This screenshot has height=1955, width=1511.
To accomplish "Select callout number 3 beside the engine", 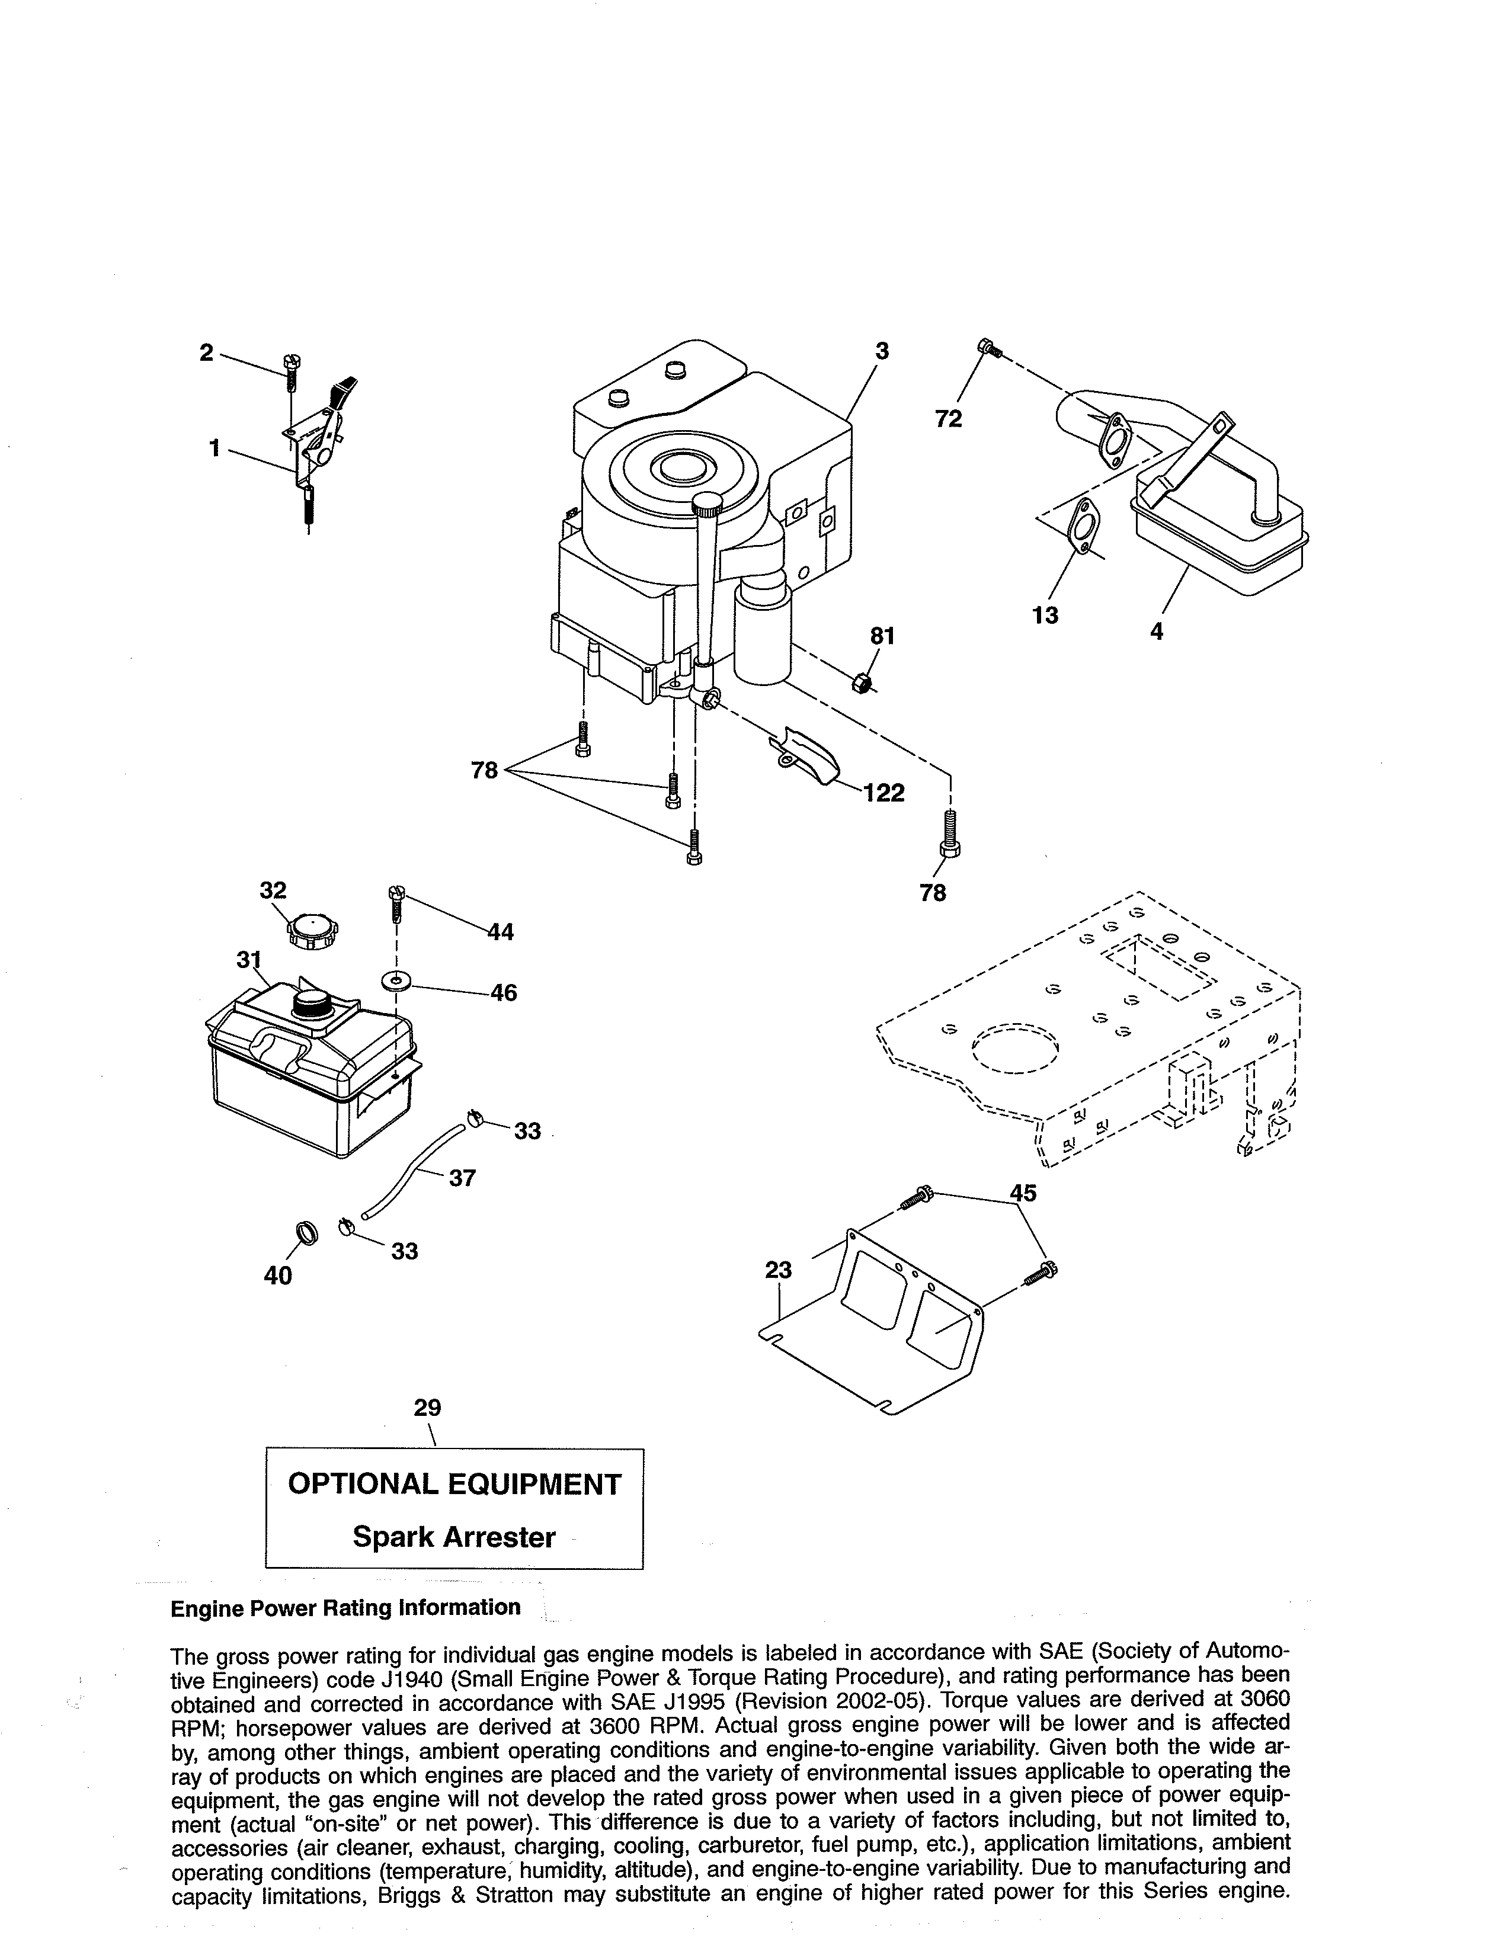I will coord(882,352).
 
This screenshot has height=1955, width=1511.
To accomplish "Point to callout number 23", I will coord(778,1270).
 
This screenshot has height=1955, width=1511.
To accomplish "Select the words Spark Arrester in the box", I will coord(454,1537).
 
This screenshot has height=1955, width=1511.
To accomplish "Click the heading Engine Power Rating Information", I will coord(345,1608).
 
